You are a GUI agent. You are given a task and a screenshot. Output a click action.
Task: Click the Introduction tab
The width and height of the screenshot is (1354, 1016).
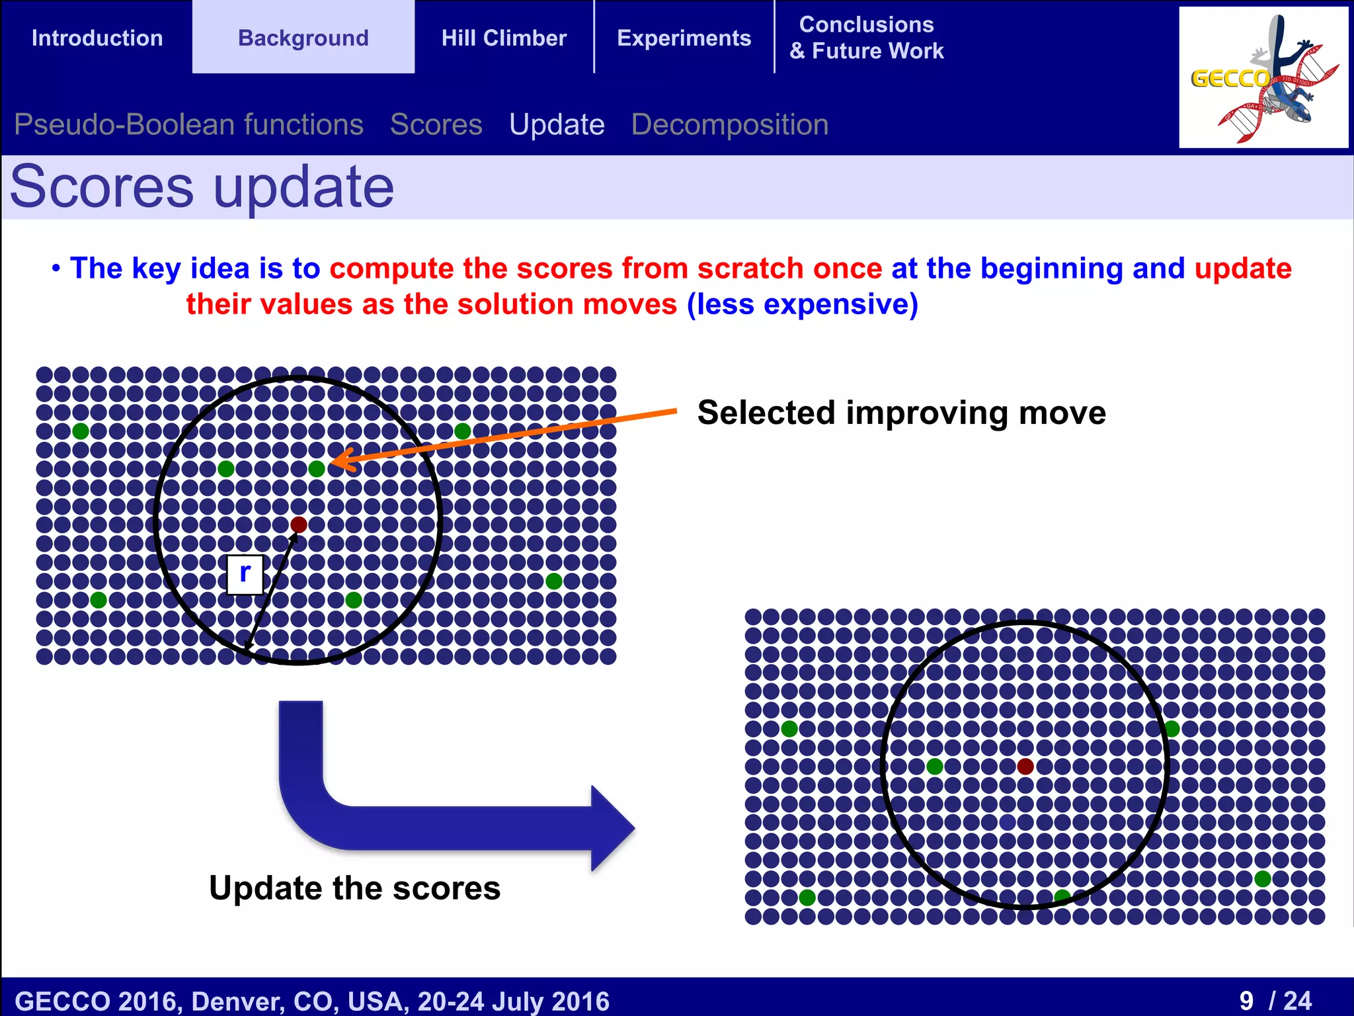tap(97, 38)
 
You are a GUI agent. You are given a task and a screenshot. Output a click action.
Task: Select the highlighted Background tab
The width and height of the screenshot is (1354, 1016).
tap(303, 37)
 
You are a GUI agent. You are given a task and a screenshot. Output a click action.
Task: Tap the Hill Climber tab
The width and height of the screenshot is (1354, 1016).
tap(504, 38)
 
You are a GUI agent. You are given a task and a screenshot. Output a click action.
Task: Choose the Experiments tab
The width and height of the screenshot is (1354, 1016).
tap(684, 38)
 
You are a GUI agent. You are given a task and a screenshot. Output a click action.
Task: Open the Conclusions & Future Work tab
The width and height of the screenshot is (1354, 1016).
tap(867, 38)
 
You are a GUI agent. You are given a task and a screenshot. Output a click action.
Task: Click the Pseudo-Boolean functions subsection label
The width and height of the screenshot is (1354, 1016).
tap(188, 124)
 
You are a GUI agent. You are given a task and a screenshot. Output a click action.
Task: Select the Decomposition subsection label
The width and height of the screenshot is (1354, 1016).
tap(730, 124)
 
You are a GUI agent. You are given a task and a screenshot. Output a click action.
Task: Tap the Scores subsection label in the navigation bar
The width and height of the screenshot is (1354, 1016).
tap(436, 124)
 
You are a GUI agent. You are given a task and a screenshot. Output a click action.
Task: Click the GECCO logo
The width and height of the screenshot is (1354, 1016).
tap(1263, 77)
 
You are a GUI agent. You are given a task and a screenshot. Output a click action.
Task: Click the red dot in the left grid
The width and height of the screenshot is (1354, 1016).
tap(299, 525)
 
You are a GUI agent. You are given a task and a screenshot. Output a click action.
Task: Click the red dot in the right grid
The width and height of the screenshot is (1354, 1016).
tap(1025, 767)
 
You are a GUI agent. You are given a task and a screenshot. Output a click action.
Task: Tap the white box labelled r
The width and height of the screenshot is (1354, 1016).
tap(245, 575)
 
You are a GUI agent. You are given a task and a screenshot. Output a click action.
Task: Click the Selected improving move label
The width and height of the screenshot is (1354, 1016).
tap(902, 413)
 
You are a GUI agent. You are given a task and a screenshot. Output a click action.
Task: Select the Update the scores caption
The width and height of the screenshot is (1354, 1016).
tap(355, 888)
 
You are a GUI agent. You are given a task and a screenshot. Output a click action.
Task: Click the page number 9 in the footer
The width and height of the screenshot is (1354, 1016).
tap(1246, 1001)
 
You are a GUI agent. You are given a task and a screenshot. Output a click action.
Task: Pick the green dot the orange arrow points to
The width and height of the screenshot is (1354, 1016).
tap(317, 469)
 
